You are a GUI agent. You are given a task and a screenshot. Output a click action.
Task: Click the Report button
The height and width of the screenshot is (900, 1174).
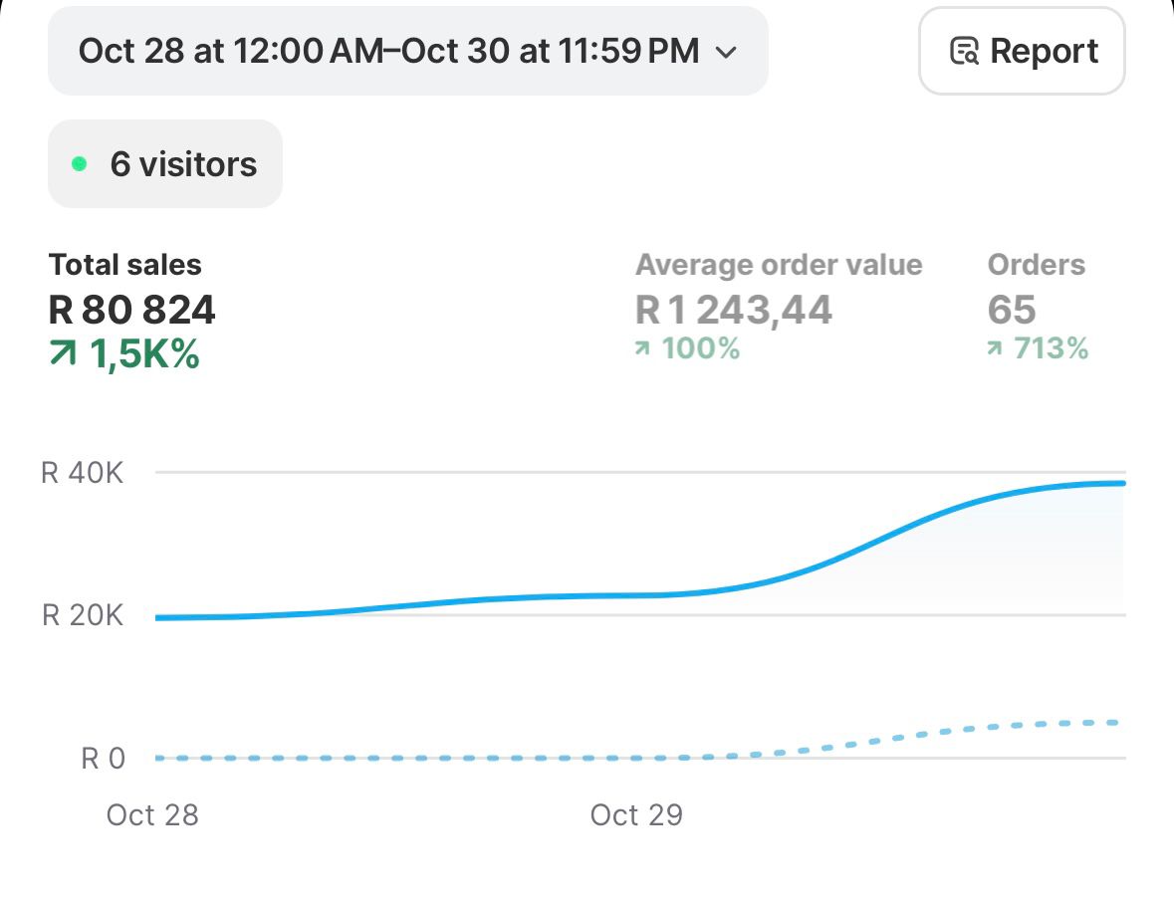[1022, 51]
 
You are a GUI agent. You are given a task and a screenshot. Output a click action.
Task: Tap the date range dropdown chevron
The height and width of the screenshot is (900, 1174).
[727, 52]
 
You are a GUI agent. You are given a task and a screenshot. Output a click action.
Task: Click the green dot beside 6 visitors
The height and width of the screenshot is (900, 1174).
[80, 164]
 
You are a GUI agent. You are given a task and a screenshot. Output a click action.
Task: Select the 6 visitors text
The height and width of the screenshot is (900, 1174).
[183, 164]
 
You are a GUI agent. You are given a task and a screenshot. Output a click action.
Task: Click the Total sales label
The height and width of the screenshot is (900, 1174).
[124, 265]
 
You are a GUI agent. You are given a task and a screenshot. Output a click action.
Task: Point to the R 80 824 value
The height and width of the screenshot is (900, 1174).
[131, 311]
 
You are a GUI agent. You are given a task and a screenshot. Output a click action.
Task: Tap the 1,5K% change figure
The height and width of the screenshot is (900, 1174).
[144, 354]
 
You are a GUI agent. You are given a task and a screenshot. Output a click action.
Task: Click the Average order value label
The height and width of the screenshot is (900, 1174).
[779, 265]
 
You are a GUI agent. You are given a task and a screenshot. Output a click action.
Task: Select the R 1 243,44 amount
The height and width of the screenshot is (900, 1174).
[733, 311]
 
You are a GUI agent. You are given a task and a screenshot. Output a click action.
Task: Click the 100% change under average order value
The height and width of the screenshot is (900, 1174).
[700, 348]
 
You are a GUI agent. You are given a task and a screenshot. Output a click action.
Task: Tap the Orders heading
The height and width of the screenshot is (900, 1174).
[1036, 265]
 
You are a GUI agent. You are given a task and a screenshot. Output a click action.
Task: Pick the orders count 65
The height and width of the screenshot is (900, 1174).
[1012, 311]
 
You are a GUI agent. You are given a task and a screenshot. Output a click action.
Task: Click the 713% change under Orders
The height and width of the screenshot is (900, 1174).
[1051, 348]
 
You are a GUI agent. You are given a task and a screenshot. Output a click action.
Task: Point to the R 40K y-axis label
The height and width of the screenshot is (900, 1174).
[83, 473]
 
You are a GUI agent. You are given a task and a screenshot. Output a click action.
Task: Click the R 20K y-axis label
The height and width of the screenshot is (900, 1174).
[83, 615]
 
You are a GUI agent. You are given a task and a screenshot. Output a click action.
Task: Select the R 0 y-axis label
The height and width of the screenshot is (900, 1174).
[104, 759]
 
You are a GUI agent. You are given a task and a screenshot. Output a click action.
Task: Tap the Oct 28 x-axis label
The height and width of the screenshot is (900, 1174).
[152, 815]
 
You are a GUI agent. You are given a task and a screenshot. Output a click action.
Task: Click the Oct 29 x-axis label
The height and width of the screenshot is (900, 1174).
[636, 815]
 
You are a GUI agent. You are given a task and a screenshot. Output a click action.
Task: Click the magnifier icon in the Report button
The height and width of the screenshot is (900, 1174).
[964, 52]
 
